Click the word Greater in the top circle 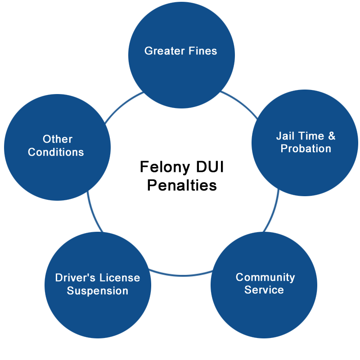tap(164, 51)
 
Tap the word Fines tap(203, 51)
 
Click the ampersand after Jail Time tap(332, 136)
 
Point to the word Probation tap(306, 148)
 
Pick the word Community tap(265, 277)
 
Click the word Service tap(264, 290)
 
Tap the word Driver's tap(75, 278)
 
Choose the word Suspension tap(98, 291)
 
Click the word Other tap(58, 139)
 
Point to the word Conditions tap(56, 152)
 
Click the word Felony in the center tap(165, 167)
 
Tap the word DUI tap(210, 166)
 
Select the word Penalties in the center tap(182, 185)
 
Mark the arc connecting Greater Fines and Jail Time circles tap(241, 103)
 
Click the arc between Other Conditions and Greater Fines tap(122, 105)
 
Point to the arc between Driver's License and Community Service tap(181, 275)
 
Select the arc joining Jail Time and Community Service tap(273, 211)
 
